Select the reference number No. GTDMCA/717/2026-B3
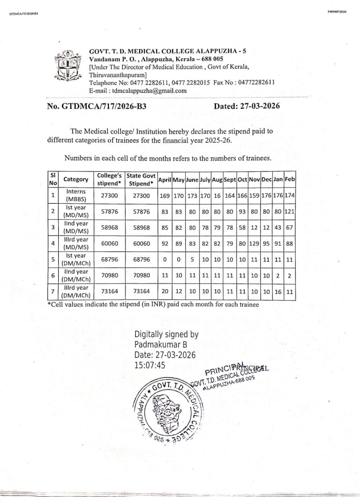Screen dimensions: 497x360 (x=97, y=106)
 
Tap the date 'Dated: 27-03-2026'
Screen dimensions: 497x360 (x=247, y=106)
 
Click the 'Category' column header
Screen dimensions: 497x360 (x=76, y=179)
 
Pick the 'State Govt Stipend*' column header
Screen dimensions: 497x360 (x=142, y=179)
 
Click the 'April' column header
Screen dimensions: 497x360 (x=165, y=180)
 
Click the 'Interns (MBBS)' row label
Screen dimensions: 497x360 (x=76, y=195)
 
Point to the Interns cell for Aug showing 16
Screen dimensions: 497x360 (x=217, y=195)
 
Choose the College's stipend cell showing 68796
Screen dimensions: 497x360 (x=109, y=259)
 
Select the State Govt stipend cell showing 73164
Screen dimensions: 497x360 (x=142, y=291)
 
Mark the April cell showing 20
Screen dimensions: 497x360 (x=165, y=291)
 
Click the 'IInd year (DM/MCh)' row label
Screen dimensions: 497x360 (x=76, y=275)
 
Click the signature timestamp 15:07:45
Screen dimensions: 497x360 (x=150, y=364)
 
